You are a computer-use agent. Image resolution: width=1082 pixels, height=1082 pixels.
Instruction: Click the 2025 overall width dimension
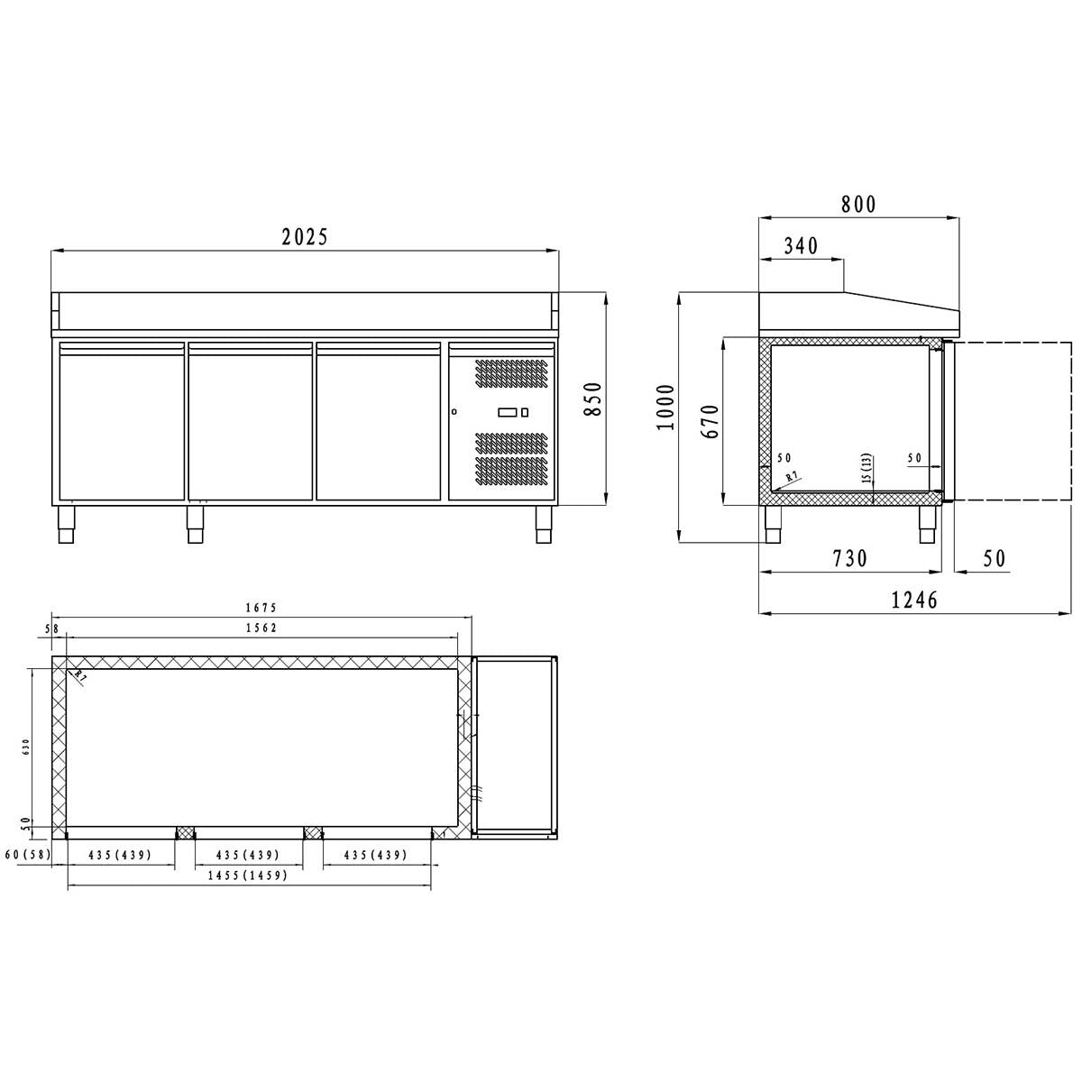point(305,237)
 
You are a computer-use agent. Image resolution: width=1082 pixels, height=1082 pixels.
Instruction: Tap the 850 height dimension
point(592,398)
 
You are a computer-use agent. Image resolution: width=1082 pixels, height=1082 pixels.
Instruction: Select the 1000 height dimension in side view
point(665,408)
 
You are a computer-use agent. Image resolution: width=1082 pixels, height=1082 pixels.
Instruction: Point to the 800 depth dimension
point(858,204)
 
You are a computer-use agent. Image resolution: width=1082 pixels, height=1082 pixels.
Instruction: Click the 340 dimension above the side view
point(802,246)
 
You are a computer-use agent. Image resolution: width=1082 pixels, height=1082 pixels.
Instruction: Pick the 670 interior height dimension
point(711,420)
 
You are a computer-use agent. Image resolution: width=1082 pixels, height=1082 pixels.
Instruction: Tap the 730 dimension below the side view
point(848,558)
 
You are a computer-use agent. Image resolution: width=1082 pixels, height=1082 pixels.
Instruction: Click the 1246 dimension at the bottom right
point(914,601)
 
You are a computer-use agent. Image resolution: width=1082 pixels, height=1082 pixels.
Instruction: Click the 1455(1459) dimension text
point(247,876)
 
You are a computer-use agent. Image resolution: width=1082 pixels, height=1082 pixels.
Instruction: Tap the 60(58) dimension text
point(25,855)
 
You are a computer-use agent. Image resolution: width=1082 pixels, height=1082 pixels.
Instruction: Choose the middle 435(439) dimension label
point(247,855)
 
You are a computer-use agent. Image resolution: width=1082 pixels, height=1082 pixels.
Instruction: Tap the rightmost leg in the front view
point(544,525)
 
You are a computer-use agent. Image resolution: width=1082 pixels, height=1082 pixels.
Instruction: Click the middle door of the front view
point(250,420)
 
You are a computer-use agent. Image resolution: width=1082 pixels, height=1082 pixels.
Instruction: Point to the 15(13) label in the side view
point(866,469)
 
